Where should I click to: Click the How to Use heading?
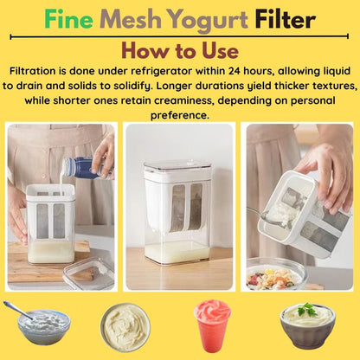[x=180, y=48]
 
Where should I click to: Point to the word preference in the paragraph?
[x=180, y=115]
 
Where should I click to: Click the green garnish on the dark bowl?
[x=307, y=309]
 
